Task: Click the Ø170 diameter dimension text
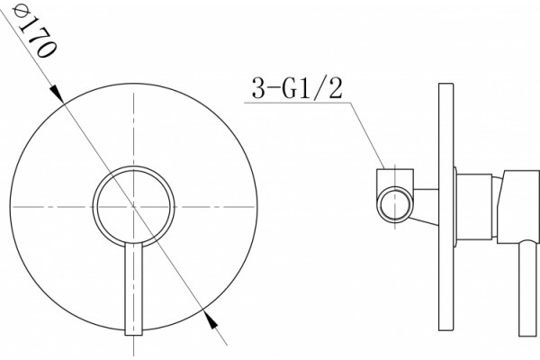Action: point(33,31)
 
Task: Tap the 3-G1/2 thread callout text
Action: point(298,88)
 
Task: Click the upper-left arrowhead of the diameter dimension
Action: point(58,94)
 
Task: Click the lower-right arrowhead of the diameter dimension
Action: point(211,320)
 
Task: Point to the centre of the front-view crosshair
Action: point(133,207)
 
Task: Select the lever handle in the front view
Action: point(133,289)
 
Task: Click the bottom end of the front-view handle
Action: point(133,335)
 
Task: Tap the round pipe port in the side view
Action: point(395,204)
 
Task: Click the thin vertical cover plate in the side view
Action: point(446,207)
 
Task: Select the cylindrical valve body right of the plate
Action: point(474,207)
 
